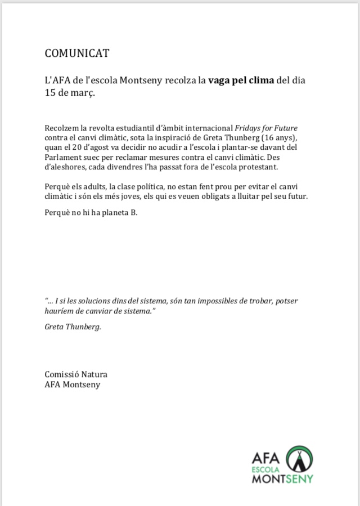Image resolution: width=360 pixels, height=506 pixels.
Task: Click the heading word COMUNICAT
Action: pos(77,53)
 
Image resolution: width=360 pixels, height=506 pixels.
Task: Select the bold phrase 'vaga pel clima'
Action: pos(241,80)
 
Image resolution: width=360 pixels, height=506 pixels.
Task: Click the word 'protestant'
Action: pos(259,167)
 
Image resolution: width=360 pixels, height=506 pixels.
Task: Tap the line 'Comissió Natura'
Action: pos(76,374)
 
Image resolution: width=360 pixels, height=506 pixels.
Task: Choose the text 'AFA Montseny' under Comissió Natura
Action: pos(73,384)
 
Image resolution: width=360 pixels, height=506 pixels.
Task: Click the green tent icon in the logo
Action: pos(299,459)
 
